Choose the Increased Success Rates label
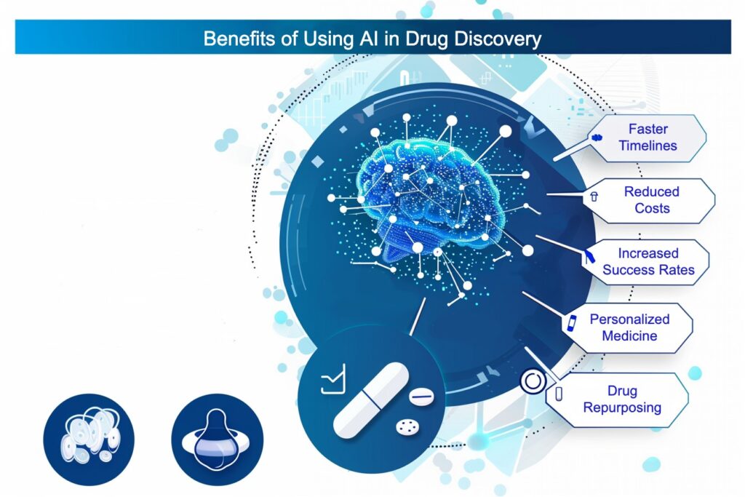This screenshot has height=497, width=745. [x=648, y=262]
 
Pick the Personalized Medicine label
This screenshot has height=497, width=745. [x=629, y=327]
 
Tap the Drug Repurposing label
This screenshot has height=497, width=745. [x=622, y=399]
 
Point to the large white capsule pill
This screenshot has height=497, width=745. [x=370, y=401]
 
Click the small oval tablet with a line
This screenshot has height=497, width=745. [x=421, y=397]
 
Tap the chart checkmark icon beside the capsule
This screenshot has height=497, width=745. [x=332, y=381]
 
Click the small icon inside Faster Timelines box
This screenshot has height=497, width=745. [x=597, y=138]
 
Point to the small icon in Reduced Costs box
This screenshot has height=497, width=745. [x=593, y=196]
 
